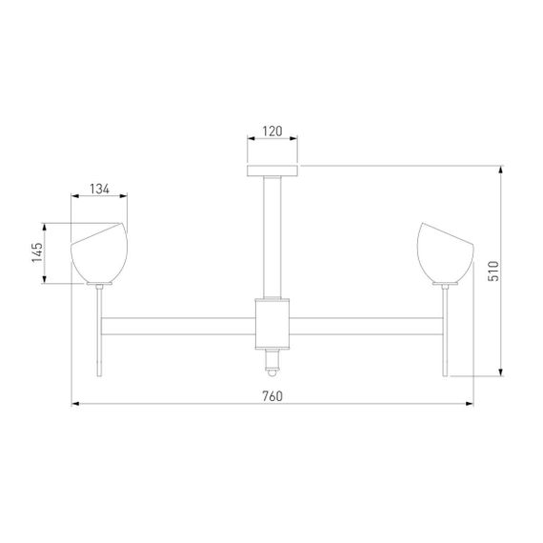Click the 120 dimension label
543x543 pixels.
point(272,131)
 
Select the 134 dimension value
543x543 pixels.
point(100,190)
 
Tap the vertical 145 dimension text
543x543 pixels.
point(36,253)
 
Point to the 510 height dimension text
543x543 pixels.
point(493,271)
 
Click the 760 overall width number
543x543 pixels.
point(272,395)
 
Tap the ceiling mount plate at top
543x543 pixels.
point(272,171)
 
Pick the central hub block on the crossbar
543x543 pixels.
point(272,321)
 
